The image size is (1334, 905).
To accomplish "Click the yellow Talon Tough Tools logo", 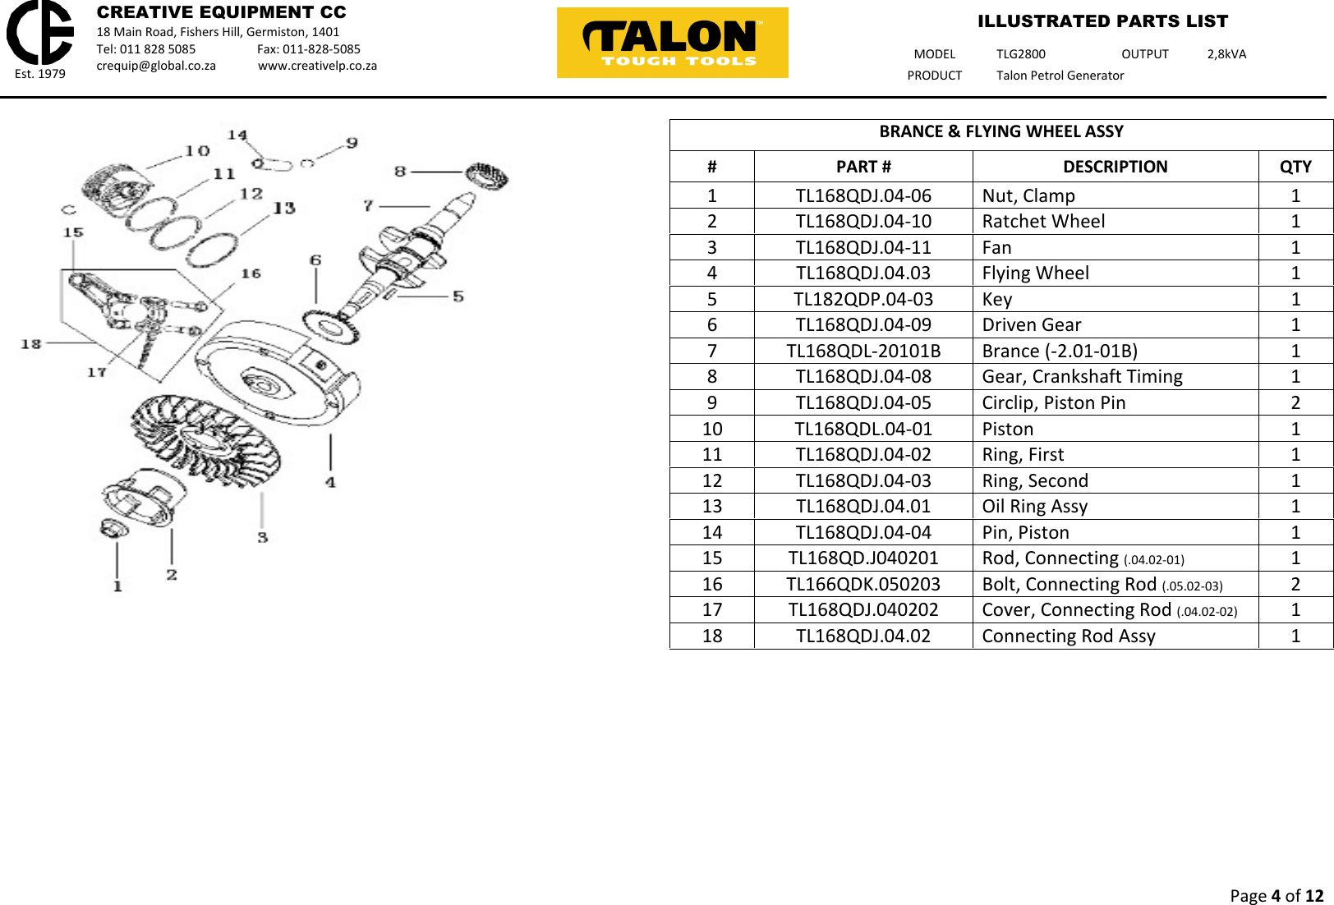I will click(672, 43).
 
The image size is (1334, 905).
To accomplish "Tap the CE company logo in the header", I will click(39, 33).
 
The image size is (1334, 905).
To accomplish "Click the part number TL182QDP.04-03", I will click(862, 299).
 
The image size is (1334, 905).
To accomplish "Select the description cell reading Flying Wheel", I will click(1035, 273).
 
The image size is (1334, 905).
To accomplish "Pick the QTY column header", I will click(1295, 167).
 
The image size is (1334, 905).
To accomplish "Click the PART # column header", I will click(862, 167).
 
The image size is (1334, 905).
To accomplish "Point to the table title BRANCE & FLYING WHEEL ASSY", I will click(1000, 131).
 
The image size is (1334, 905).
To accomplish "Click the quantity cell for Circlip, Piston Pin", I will click(1295, 402).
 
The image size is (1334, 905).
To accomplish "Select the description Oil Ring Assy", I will click(1034, 506).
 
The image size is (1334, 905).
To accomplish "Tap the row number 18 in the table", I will click(711, 636).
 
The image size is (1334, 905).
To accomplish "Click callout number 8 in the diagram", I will click(400, 171).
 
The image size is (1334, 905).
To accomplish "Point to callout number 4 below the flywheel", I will click(330, 482).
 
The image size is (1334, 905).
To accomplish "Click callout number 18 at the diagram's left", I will click(31, 343).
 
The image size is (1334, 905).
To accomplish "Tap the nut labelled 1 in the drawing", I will click(113, 528).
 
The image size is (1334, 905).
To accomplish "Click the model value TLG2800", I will click(1020, 54).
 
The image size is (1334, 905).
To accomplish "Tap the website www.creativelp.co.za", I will click(317, 66).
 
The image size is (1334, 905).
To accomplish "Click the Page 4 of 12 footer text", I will click(1276, 895).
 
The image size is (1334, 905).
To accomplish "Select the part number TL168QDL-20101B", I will click(862, 351).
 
